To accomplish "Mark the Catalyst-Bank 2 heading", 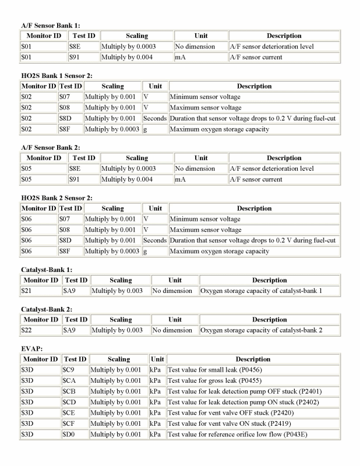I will click(x=46, y=309).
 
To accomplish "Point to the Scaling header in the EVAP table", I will click(x=118, y=359).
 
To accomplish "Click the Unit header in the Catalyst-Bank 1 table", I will click(x=175, y=280).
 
